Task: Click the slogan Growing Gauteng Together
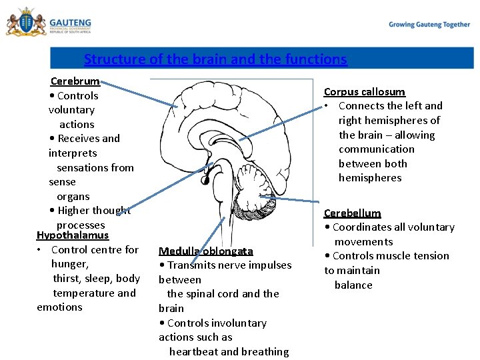click(x=429, y=25)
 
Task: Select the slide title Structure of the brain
click(x=215, y=59)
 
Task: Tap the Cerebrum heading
click(x=75, y=81)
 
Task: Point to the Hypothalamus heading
click(x=73, y=235)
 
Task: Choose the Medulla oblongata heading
click(x=206, y=251)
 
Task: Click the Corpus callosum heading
click(x=364, y=91)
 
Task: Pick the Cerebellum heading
click(x=352, y=213)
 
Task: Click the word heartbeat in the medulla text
click(x=193, y=351)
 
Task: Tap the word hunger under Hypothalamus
click(x=69, y=264)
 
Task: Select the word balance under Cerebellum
click(x=353, y=285)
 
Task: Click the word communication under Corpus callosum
click(x=377, y=149)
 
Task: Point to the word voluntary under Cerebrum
click(x=71, y=110)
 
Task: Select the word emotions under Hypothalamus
click(x=59, y=307)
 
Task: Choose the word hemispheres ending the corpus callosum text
click(x=370, y=178)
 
